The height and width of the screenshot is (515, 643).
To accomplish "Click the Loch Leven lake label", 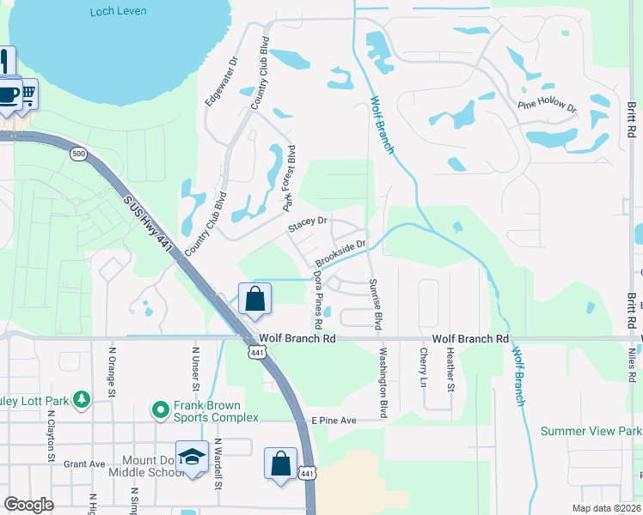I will (119, 11).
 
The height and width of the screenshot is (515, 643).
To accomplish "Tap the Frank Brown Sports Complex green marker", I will (160, 411).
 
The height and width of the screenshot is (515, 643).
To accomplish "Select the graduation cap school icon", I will (193, 457).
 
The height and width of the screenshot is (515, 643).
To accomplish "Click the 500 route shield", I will (79, 154).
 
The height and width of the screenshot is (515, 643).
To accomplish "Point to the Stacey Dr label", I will (309, 221).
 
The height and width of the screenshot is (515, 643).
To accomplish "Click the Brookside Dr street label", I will (340, 252).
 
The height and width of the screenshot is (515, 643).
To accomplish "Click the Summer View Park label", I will (591, 431).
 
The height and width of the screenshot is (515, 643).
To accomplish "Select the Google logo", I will (29, 505).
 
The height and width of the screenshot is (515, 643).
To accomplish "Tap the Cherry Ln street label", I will (424, 367).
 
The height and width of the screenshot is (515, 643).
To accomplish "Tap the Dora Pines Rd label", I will (317, 301).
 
